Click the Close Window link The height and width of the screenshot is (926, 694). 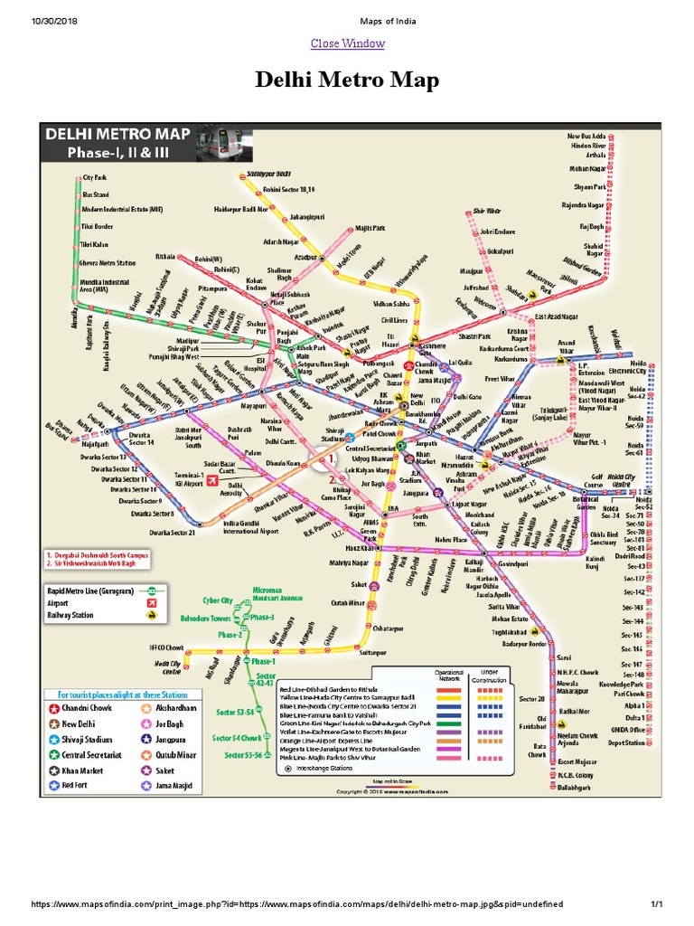[x=347, y=43]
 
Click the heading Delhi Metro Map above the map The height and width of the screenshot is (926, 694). [x=347, y=81]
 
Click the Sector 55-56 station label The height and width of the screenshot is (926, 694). [x=242, y=755]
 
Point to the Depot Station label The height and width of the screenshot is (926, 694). [x=626, y=743]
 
